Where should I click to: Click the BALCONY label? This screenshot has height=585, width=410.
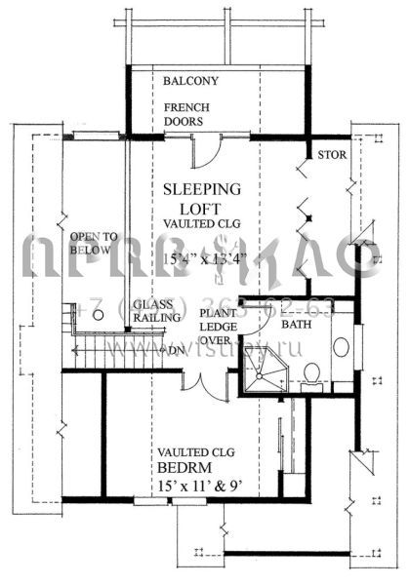[191, 80]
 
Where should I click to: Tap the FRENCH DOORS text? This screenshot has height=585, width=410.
[184, 114]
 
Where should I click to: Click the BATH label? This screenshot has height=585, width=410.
[297, 323]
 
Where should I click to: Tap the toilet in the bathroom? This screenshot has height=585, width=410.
[309, 374]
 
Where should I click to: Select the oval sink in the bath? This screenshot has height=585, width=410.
[340, 346]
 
